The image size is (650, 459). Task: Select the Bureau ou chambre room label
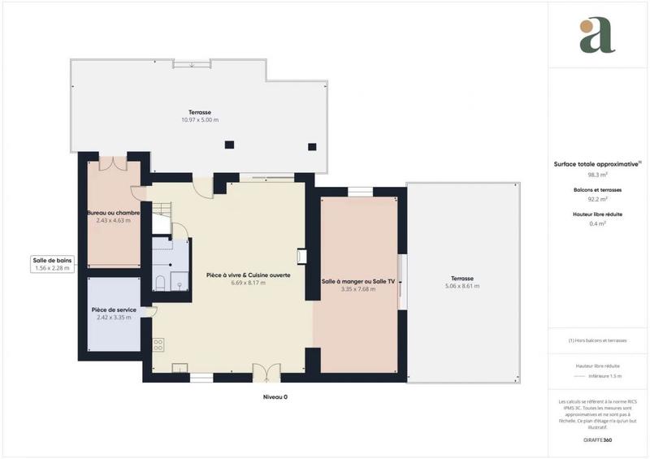[114, 213]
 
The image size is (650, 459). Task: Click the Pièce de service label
[114, 310]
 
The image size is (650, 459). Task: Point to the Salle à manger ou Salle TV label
[358, 281]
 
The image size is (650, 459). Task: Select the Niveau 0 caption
[275, 397]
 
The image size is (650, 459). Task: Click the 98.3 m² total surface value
[598, 174]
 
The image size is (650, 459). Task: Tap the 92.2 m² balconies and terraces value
[598, 198]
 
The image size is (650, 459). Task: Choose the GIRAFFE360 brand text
[598, 439]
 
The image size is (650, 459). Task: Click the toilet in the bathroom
[160, 283]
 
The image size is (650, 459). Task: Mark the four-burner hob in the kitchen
[158, 344]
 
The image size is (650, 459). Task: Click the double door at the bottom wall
[266, 372]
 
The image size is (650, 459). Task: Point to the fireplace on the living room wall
[302, 257]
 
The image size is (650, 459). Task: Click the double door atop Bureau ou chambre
[114, 162]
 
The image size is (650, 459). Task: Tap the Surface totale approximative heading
[598, 163]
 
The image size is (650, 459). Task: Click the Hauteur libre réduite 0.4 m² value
[598, 223]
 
